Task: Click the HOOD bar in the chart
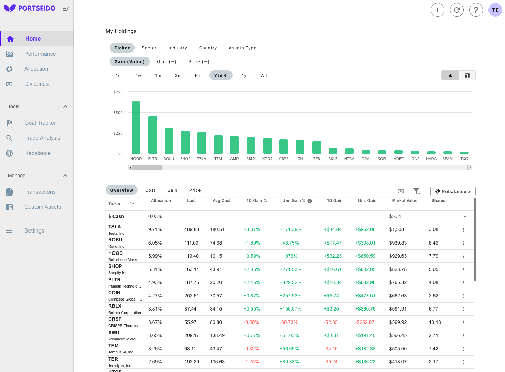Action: click(136, 127)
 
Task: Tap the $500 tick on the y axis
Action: click(118, 113)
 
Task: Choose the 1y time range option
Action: click(244, 76)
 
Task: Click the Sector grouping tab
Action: click(149, 48)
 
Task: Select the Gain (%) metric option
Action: click(166, 62)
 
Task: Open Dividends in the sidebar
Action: click(36, 84)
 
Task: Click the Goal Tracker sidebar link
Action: click(40, 123)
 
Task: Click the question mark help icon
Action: click(476, 10)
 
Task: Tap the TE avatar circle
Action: click(495, 10)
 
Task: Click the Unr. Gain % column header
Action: click(294, 201)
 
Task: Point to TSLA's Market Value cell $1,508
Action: click(396, 230)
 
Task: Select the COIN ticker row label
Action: click(114, 293)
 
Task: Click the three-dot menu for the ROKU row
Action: click(463, 243)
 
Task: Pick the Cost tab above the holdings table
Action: click(150, 190)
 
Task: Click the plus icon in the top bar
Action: click(437, 10)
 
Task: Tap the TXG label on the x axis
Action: click(464, 159)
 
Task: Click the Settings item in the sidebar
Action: click(34, 231)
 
